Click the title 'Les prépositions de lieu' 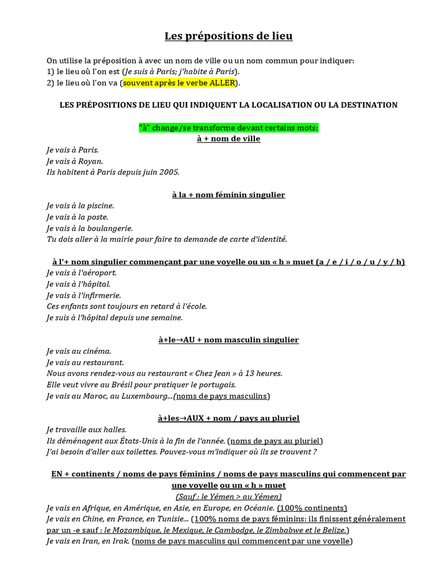point(228,36)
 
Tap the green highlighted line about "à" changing point(228,128)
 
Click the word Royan point(91,161)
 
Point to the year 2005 point(169,172)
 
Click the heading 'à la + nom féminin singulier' point(228,195)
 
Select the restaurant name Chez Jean point(217,373)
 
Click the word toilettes point(128,452)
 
